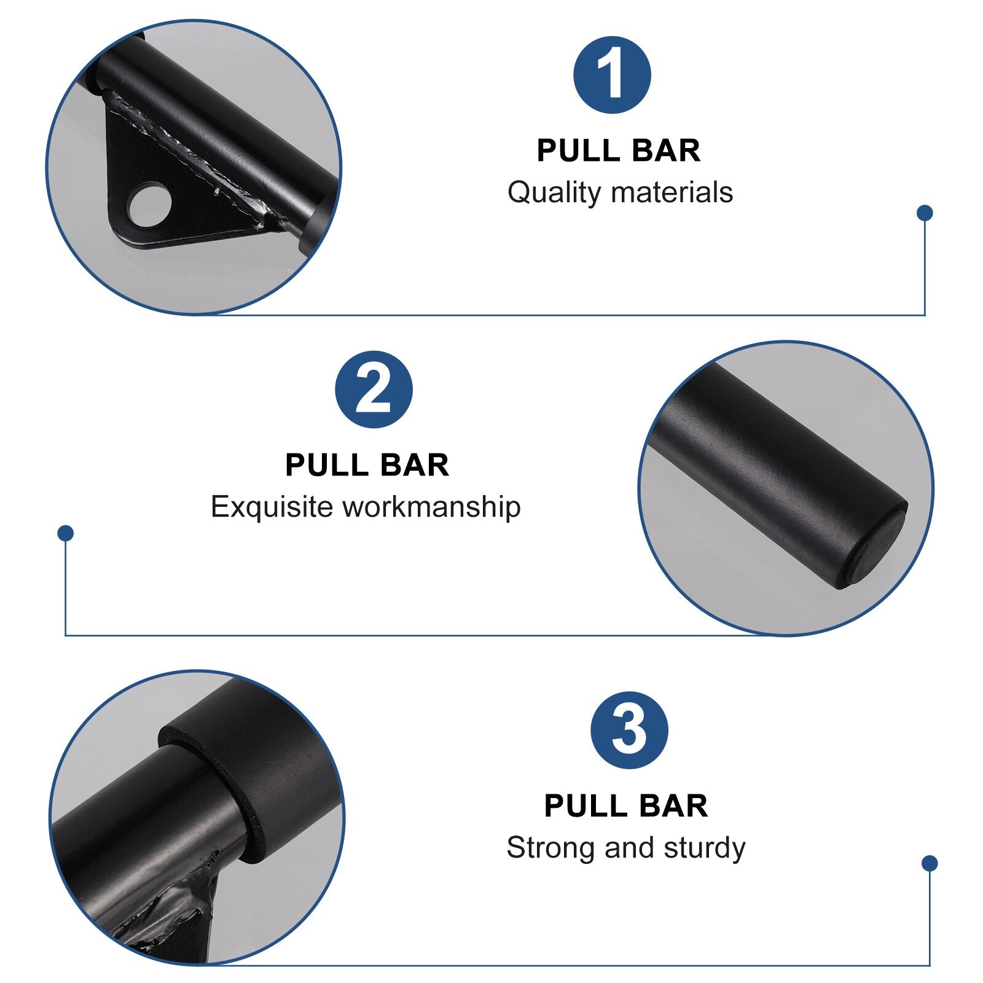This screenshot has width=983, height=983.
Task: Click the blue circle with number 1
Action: coord(612,75)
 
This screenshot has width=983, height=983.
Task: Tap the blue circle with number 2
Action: coord(374,390)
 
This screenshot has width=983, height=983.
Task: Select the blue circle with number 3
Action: coord(629,730)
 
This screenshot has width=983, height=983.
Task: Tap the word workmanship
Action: coord(431,507)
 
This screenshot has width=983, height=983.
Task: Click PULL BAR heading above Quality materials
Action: coord(619,151)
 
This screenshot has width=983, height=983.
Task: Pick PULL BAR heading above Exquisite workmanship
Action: coord(367,466)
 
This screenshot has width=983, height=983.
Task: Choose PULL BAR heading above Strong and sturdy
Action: coord(626,806)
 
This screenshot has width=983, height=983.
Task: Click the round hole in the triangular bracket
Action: coord(149,204)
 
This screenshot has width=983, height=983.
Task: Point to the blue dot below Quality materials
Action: coord(925,213)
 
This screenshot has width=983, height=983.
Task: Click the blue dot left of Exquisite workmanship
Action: coord(65,533)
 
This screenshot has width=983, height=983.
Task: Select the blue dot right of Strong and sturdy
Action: coord(930,863)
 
